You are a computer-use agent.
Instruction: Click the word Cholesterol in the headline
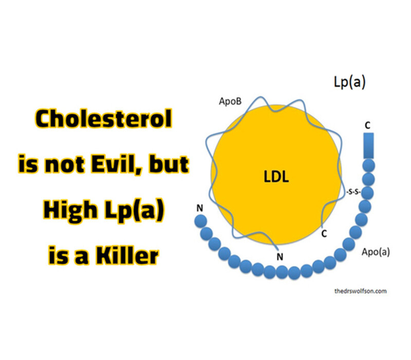coord(104,119)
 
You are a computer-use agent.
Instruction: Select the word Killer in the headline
coord(127,255)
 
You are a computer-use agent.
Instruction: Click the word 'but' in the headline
coord(169,164)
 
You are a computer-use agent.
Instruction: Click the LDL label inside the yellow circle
coord(276,176)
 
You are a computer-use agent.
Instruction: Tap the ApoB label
coord(230,101)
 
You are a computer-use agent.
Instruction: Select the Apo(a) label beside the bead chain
coord(376,252)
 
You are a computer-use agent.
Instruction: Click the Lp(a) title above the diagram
coord(349,82)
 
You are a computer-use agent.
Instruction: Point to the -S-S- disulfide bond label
coord(353,192)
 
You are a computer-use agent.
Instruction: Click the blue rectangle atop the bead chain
coord(368,146)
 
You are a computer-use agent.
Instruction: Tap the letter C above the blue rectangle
coord(368,125)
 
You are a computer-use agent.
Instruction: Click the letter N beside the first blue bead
coord(200,208)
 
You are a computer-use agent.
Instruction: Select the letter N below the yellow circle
coord(280,257)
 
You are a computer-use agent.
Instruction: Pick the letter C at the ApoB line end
coord(324,233)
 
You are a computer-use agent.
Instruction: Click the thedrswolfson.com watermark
coord(361,291)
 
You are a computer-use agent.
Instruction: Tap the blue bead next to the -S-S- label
coord(367,193)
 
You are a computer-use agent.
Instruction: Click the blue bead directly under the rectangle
coord(368,166)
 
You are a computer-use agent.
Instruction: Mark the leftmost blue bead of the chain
coord(201,221)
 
